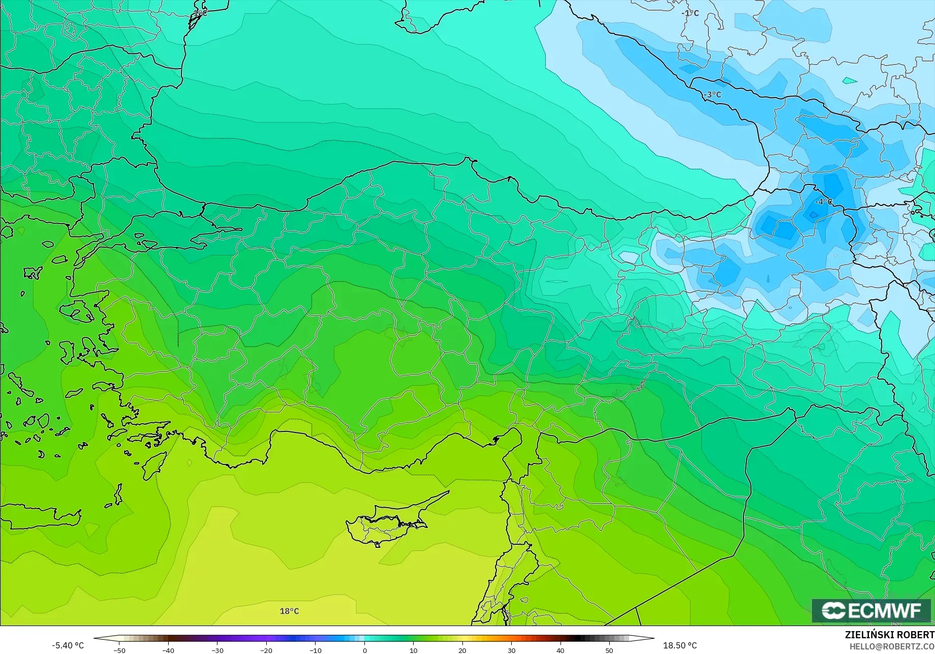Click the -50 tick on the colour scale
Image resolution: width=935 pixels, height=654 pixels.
click(119, 650)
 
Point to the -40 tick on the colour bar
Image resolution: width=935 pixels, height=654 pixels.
click(168, 650)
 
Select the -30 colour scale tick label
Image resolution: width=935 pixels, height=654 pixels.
click(217, 650)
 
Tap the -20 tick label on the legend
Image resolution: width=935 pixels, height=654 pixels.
click(266, 650)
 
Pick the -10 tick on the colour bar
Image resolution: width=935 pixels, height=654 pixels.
click(316, 650)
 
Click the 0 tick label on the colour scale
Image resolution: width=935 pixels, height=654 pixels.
click(364, 650)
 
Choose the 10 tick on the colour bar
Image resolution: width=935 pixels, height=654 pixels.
click(414, 650)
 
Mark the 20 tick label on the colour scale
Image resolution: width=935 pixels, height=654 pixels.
click(462, 650)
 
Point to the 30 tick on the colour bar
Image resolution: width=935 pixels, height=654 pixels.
click(511, 650)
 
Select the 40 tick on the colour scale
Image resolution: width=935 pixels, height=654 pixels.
click(560, 650)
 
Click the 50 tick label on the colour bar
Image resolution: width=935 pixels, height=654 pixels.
click(609, 650)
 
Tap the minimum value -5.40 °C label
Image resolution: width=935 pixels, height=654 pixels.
click(68, 645)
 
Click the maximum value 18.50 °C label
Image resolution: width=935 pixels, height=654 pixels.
click(680, 645)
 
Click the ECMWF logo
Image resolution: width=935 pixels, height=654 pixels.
click(872, 611)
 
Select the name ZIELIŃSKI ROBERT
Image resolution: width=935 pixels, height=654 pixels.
click(889, 635)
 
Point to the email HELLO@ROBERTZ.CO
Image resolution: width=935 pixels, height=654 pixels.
click(892, 646)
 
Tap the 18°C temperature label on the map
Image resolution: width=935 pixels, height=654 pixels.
click(290, 611)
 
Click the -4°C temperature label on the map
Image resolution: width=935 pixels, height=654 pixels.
click(824, 202)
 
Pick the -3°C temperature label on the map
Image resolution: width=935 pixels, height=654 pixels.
click(712, 95)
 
